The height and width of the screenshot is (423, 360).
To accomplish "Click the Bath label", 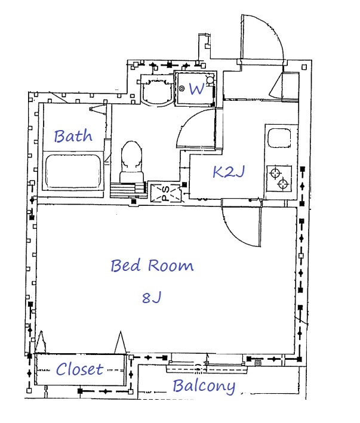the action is click(73, 136).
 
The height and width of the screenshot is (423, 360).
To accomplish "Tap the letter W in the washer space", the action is click(197, 89).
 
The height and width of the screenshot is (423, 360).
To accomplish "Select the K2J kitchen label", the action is click(229, 172).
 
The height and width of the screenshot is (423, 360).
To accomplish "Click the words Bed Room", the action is click(152, 265).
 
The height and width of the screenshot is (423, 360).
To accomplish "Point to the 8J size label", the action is click(152, 298).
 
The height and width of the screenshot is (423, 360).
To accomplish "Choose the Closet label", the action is click(79, 369).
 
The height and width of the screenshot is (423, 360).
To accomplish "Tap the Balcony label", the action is click(204, 387).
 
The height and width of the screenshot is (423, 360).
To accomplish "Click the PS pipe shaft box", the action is click(165, 193).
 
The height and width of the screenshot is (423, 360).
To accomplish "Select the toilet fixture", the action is click(131, 162).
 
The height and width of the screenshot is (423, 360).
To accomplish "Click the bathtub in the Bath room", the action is click(73, 171).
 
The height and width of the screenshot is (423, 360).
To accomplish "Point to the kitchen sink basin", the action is click(279, 138).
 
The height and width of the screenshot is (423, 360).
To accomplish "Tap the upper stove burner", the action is click(275, 173).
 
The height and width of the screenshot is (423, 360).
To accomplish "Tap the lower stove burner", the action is click(283, 184).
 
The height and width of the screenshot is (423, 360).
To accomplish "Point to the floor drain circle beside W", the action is click(182, 88).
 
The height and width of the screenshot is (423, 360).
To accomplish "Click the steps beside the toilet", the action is click(128, 190).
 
